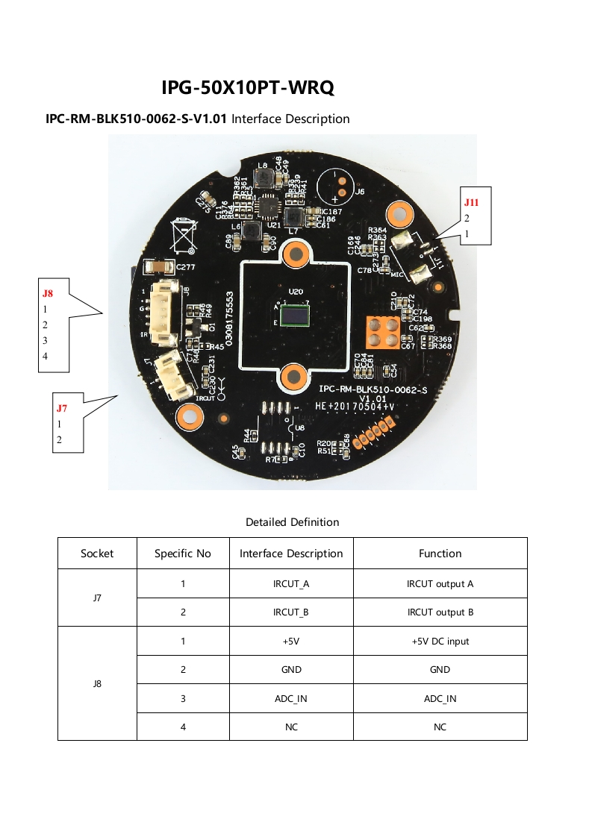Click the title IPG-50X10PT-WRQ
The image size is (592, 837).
(247, 88)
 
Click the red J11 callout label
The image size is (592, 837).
(471, 202)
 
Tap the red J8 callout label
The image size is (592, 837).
(48, 293)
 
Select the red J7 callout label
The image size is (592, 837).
(62, 408)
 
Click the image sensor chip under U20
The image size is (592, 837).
(296, 314)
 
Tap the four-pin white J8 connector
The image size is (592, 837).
(161, 313)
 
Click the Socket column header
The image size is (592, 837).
(97, 554)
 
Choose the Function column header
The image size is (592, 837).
(440, 554)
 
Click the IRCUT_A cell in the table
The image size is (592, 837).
(291, 584)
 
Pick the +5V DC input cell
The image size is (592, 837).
(440, 642)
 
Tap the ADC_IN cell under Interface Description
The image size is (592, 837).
(291, 699)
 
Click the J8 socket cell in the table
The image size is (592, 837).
(97, 683)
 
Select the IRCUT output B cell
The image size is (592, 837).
(440, 612)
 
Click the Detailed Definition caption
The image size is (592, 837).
(292, 522)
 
